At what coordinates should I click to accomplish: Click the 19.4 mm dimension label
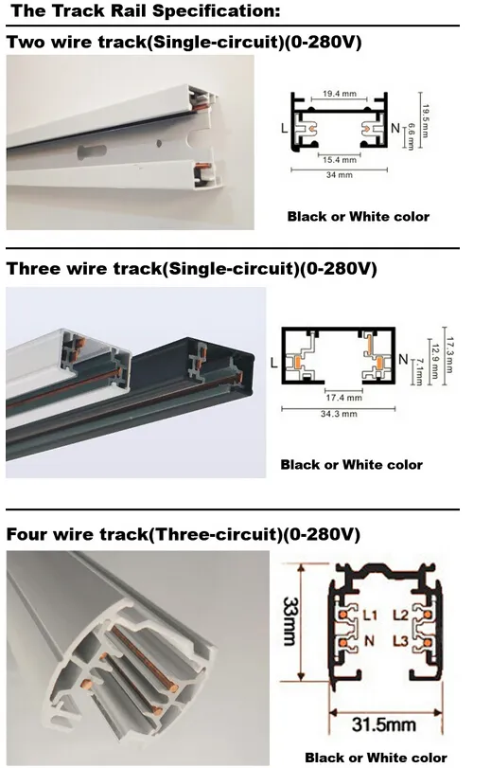tap(338, 95)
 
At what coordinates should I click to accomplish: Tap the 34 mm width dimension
tap(339, 175)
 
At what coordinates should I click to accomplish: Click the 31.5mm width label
tap(383, 725)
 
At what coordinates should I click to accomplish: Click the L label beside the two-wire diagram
tap(283, 127)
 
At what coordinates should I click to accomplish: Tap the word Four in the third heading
tap(26, 535)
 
